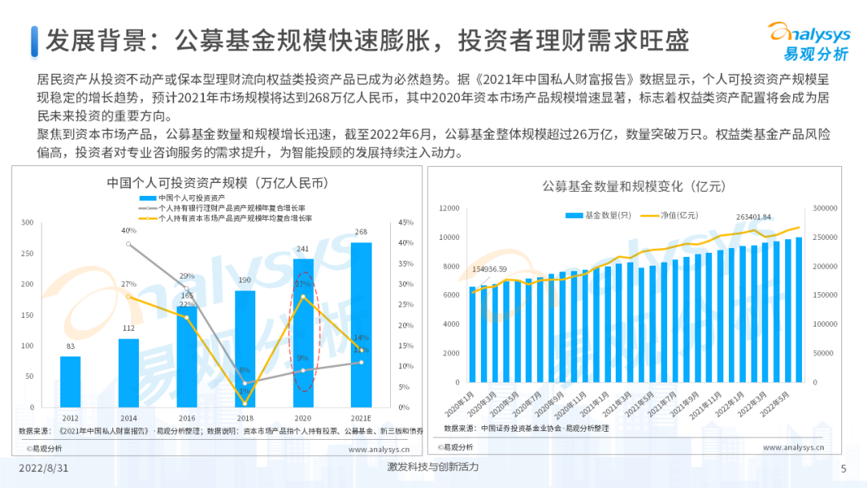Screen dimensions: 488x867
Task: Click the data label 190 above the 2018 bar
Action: coord(246,280)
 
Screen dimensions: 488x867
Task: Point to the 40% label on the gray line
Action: coord(128,231)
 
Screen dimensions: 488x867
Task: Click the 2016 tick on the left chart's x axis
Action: coord(186,418)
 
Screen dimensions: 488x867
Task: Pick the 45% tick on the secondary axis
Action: coord(405,222)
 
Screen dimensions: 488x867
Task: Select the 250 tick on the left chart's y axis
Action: coord(27,254)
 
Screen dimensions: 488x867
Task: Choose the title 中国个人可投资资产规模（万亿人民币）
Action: coord(218,182)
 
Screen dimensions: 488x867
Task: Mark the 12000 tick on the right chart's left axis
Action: coord(449,209)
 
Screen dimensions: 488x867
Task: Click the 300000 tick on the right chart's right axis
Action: coord(825,209)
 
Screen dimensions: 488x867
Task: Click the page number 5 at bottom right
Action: coord(843,469)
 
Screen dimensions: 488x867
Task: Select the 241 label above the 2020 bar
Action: coord(303,249)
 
